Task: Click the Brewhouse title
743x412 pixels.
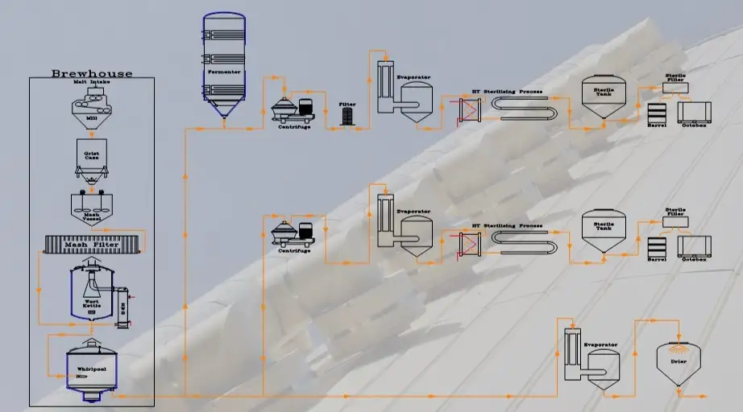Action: (x=91, y=73)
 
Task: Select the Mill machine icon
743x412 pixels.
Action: (x=91, y=102)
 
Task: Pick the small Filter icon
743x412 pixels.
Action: (x=347, y=117)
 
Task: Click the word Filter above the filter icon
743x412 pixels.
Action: (x=347, y=104)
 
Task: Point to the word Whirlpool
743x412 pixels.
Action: (x=91, y=369)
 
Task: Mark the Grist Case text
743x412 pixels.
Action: (x=91, y=154)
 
